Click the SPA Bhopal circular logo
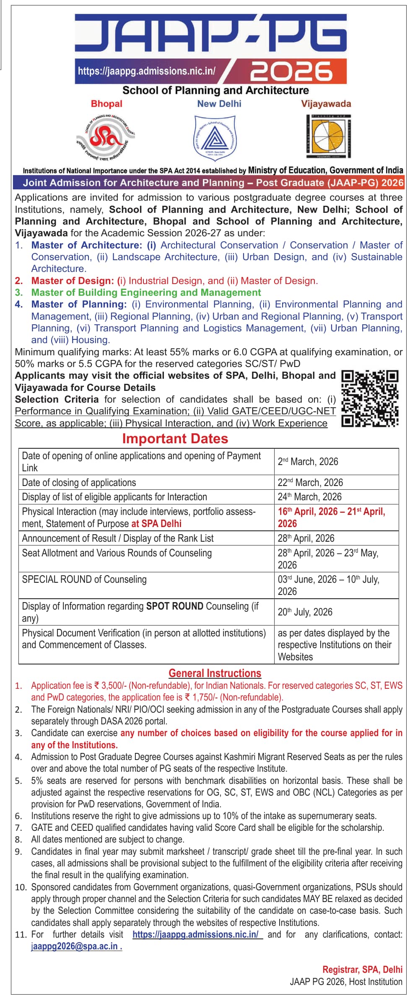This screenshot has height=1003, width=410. point(106,137)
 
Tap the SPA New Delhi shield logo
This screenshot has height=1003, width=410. point(215,137)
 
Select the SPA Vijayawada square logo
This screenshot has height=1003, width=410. point(329,136)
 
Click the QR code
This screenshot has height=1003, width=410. point(370,398)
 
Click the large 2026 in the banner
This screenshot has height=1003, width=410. point(291,71)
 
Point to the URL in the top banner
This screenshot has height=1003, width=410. point(147,71)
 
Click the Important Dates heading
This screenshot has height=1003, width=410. point(175,439)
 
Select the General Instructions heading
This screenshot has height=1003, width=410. point(215,673)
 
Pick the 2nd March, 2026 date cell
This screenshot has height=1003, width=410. point(308,462)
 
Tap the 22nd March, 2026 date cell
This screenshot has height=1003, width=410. point(310,482)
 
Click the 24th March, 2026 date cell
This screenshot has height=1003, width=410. point(309,497)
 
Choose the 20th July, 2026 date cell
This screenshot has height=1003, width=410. point(305,612)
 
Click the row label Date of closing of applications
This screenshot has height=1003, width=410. point(79,482)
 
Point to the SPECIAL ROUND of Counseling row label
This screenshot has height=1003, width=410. point(84,579)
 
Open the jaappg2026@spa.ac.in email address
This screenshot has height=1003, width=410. point(76,946)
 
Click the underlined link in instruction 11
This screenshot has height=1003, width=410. point(197,934)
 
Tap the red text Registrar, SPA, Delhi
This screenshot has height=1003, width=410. point(362,969)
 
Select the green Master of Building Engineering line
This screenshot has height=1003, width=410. point(146,292)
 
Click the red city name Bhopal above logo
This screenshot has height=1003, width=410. point(106,104)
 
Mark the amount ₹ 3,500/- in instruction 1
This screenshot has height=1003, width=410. point(110,685)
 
